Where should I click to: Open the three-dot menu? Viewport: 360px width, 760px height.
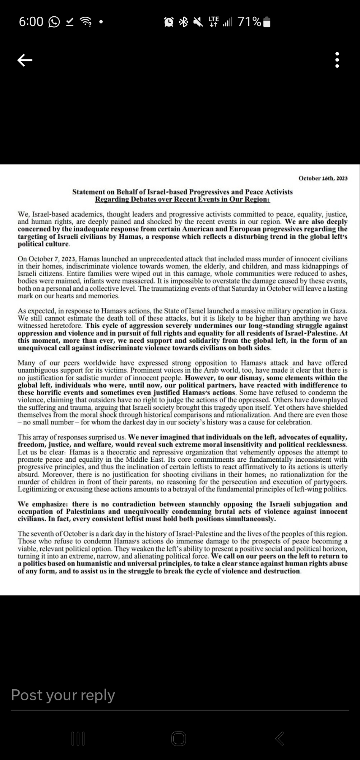[337, 60]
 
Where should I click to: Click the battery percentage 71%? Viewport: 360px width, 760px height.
[249, 22]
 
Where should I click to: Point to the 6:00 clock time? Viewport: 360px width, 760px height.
[31, 22]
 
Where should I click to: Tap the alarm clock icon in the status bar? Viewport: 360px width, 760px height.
[168, 22]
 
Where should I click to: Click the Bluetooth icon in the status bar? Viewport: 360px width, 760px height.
[183, 22]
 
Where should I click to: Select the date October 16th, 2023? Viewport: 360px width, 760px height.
[323, 178]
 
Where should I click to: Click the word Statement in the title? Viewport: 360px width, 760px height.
[89, 192]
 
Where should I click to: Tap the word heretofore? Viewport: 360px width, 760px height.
[67, 326]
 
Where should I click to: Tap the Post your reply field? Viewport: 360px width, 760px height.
[63, 695]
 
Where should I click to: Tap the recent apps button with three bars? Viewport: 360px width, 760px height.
[78, 738]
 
